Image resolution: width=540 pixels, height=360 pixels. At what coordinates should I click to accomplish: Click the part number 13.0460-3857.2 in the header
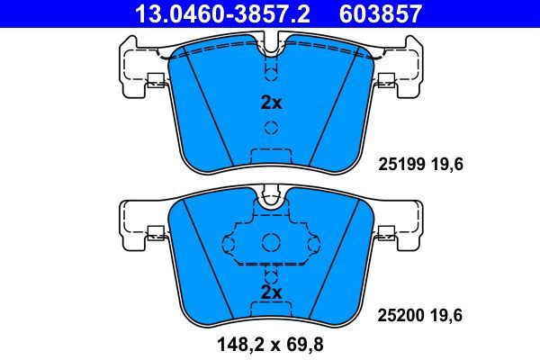[x=206, y=13]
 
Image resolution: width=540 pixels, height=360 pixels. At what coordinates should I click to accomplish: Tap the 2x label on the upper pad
[x=271, y=103]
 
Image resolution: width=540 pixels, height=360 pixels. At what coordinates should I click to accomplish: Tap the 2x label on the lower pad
[x=271, y=293]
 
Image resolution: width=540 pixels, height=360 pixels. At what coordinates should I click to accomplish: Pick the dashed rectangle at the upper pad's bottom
[x=271, y=155]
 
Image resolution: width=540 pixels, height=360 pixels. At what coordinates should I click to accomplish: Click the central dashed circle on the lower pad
[x=271, y=241]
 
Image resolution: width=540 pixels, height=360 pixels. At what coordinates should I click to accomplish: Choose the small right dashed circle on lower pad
[x=312, y=242]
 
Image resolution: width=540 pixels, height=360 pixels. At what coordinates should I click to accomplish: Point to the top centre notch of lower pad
[x=271, y=199]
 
